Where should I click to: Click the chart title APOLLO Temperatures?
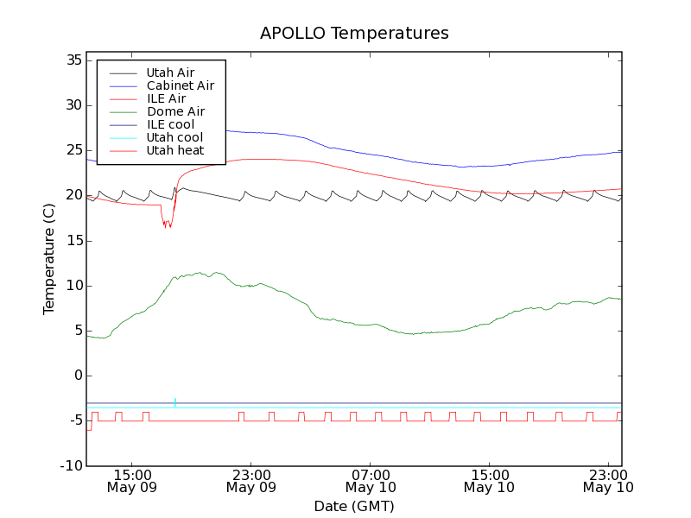click(x=354, y=34)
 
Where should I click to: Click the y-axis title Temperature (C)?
click(x=49, y=258)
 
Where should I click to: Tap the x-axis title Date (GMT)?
click(x=354, y=506)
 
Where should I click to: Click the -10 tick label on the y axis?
click(x=71, y=465)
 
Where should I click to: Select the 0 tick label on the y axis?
click(x=78, y=376)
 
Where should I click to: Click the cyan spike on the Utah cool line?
click(x=174, y=400)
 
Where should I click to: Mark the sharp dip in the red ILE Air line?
click(x=168, y=225)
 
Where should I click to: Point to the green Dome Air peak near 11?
click(x=200, y=273)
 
